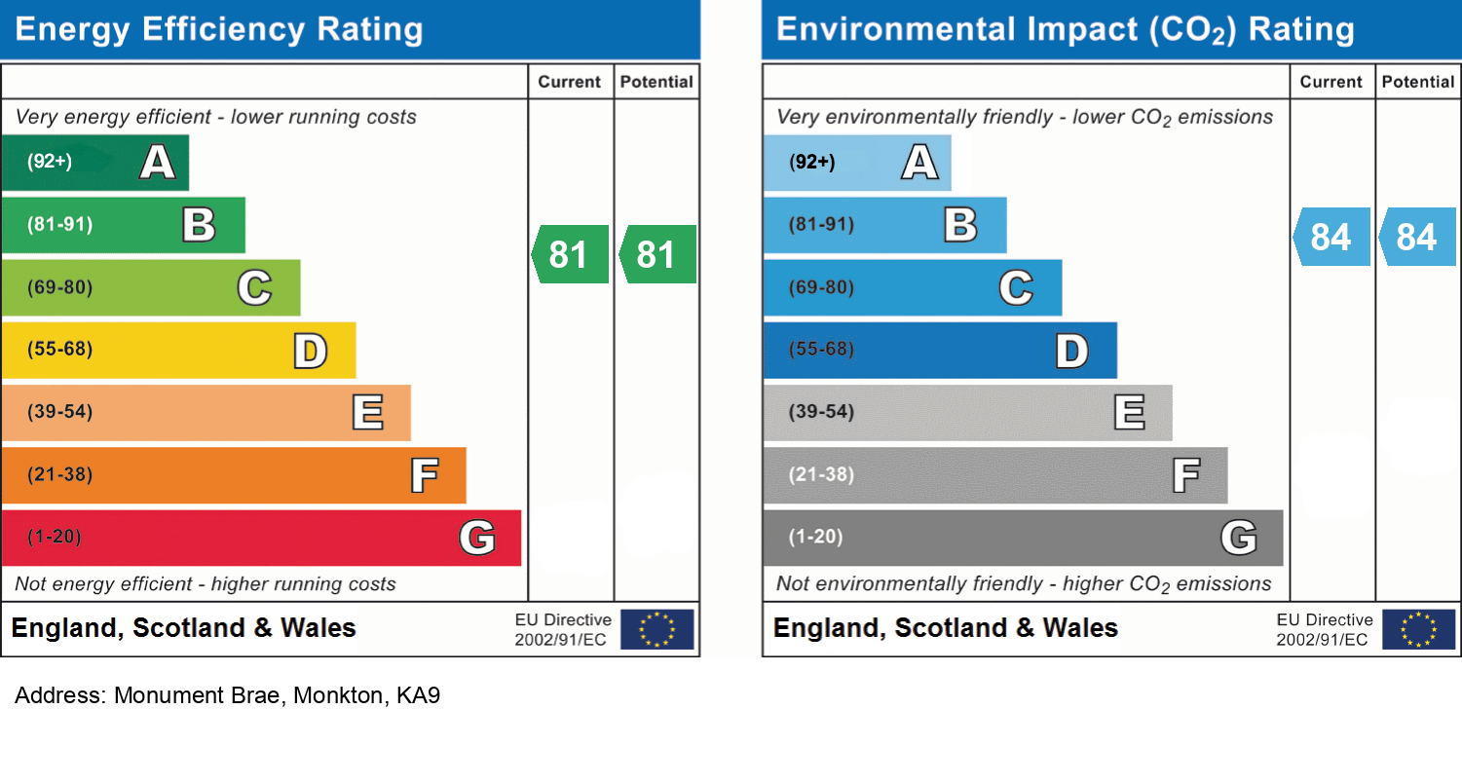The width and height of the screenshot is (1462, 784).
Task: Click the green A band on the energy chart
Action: pyautogui.click(x=94, y=163)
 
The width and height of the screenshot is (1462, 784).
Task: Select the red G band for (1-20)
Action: pyautogui.click(x=260, y=538)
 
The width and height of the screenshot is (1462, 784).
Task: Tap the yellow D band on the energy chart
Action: pyautogui.click(x=178, y=351)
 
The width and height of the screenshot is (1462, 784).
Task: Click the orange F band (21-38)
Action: pyautogui.click(x=233, y=475)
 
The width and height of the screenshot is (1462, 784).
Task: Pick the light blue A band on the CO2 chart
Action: pyautogui.click(x=856, y=163)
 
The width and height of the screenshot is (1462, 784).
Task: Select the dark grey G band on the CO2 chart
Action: pyautogui.click(x=1023, y=538)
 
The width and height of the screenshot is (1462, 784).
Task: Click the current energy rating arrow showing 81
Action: pyautogui.click(x=570, y=254)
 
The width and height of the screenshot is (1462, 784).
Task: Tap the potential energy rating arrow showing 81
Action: pyautogui.click(x=657, y=254)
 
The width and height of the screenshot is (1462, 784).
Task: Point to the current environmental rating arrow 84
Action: pyautogui.click(x=1331, y=237)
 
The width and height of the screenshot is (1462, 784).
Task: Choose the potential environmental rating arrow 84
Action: pyautogui.click(x=1417, y=237)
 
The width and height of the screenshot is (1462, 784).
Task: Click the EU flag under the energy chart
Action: pyautogui.click(x=657, y=629)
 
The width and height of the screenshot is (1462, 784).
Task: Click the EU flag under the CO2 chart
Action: pyautogui.click(x=1419, y=629)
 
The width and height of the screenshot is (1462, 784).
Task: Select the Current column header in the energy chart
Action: pyautogui.click(x=570, y=82)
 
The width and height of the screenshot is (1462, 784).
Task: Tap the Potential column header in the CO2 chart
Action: pyautogui.click(x=1418, y=82)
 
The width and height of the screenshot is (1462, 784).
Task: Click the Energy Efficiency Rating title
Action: pyautogui.click(x=219, y=29)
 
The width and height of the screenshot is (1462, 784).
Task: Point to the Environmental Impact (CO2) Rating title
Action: pyautogui.click(x=1065, y=29)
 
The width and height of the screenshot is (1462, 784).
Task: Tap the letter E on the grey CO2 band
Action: pyautogui.click(x=1129, y=413)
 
